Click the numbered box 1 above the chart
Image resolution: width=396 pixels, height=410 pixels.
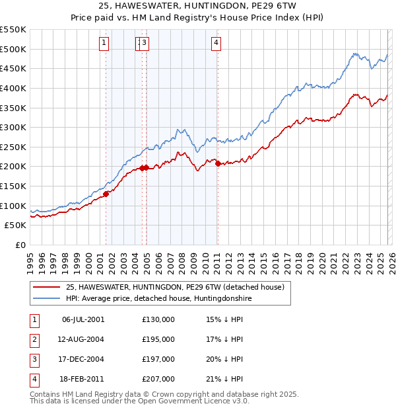(104, 44)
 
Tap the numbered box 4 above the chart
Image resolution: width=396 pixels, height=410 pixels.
(216, 44)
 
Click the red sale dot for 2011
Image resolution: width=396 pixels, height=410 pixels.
(218, 164)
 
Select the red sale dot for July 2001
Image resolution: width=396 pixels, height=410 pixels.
(106, 194)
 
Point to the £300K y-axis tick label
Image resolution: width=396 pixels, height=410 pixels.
(13, 127)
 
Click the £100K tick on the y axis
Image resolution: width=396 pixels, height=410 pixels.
(13, 206)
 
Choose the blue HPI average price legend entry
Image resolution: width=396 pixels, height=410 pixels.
(158, 298)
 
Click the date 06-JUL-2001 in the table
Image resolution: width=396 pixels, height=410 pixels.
(82, 320)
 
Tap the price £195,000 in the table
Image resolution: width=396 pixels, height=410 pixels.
(158, 339)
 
